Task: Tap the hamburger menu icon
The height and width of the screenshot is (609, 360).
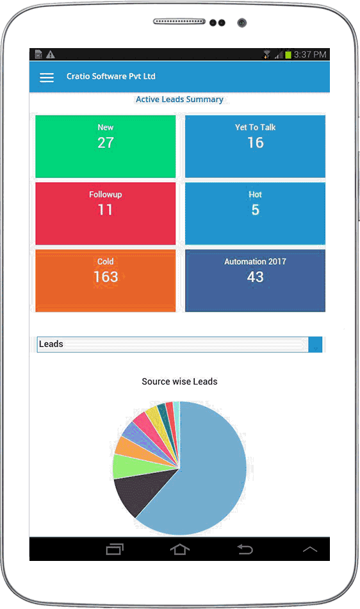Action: [47, 77]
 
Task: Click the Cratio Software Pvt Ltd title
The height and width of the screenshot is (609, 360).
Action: [111, 76]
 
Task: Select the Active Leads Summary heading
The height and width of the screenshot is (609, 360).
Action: [179, 99]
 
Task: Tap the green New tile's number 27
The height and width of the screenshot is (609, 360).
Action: [106, 142]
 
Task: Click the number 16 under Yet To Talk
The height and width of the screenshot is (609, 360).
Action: [255, 142]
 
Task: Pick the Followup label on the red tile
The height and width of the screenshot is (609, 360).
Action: [106, 194]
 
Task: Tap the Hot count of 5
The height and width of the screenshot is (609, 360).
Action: [255, 210]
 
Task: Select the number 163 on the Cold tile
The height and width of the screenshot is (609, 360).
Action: [106, 276]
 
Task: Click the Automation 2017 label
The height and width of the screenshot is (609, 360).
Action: [255, 262]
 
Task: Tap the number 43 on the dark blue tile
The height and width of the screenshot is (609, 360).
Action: [255, 276]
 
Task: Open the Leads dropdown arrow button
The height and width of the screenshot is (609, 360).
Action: [315, 344]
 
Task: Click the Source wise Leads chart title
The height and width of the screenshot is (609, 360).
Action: [179, 381]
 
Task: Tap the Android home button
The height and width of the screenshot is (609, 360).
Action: [179, 549]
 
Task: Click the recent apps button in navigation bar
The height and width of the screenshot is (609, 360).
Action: [115, 549]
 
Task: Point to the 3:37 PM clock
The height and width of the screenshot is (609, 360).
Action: [310, 54]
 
